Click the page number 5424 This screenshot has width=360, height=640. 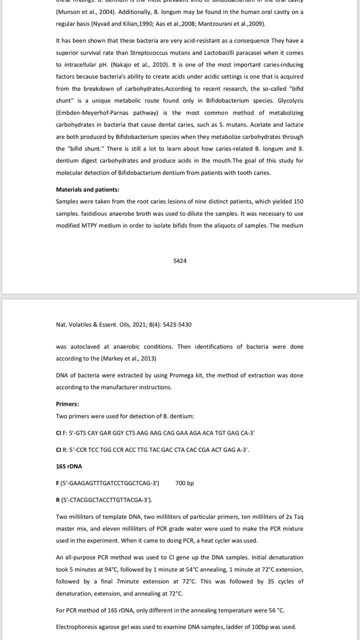(x=180, y=261)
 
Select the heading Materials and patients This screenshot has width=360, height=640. (x=87, y=189)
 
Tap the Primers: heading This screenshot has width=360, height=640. (x=67, y=404)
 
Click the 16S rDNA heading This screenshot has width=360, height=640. (x=69, y=466)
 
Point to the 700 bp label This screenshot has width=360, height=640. (x=184, y=483)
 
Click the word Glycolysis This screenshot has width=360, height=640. (x=290, y=100)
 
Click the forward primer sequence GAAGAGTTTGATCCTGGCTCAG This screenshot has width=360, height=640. (x=109, y=483)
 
